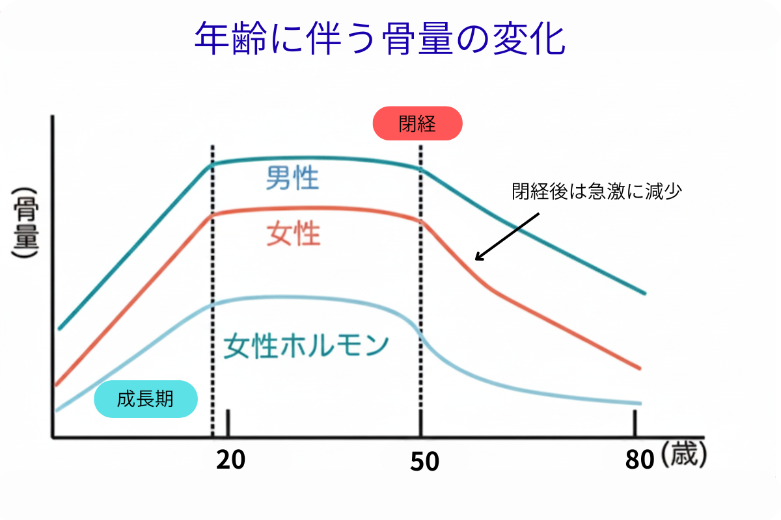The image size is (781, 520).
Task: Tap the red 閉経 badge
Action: tap(417, 123)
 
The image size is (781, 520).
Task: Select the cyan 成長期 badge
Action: tap(145, 398)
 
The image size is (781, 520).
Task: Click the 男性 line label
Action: tap(292, 177)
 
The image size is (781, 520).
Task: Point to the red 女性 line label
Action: tap(294, 234)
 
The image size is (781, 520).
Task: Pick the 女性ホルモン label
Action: tap(306, 345)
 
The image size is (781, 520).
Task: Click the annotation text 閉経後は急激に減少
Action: tap(596, 192)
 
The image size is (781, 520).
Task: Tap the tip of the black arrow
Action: tap(476, 260)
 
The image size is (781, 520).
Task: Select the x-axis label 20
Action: tap(230, 460)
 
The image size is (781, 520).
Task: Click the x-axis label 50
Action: tap(424, 461)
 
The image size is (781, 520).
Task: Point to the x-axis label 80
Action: tap(639, 460)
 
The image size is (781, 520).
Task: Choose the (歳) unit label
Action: tap(683, 457)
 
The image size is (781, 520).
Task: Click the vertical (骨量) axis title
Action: tap(25, 224)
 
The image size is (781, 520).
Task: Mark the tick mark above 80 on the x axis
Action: tap(635, 423)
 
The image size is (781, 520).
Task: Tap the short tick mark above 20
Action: tap(228, 423)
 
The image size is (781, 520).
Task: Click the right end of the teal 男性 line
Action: tap(644, 292)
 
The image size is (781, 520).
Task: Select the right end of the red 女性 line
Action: tap(640, 369)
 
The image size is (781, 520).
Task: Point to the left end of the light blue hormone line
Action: tap(57, 410)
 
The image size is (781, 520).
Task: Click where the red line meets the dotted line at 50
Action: tap(421, 221)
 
